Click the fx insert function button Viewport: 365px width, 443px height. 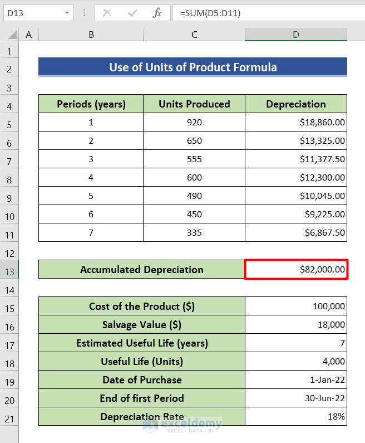point(157,13)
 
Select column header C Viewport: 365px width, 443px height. point(194,35)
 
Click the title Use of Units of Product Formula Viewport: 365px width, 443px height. point(193,67)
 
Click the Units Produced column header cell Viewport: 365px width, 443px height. point(194,104)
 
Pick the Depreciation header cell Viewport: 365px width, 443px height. point(295,104)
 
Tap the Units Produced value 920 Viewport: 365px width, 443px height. point(194,123)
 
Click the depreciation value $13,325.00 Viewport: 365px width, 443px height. point(322,141)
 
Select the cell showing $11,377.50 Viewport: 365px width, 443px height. point(322,159)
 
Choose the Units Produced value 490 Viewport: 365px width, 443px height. point(194,196)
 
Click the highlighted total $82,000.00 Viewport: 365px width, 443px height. point(322,270)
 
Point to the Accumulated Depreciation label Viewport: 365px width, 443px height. point(142,270)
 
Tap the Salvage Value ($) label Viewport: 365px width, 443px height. point(142,325)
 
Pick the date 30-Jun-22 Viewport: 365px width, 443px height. point(327,398)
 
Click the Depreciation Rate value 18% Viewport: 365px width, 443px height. point(337,417)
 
